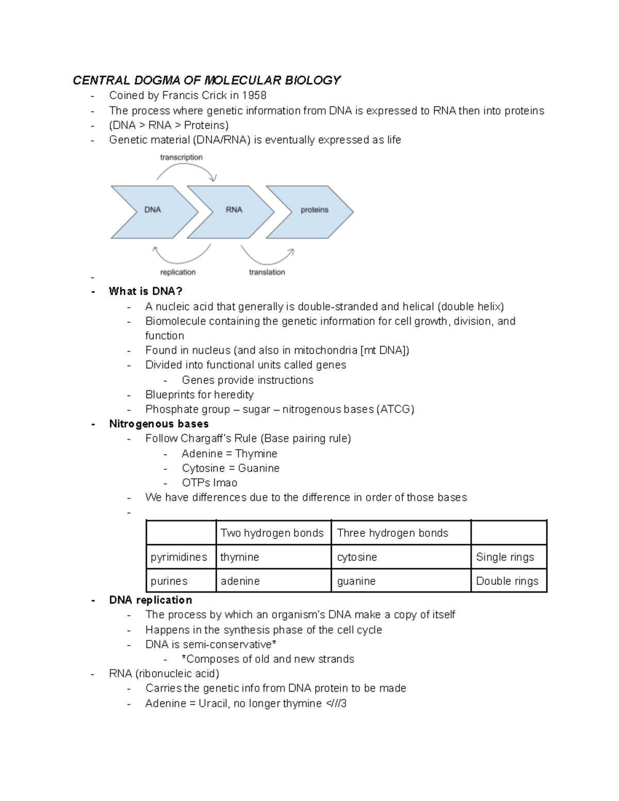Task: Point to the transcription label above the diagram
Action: (x=181, y=157)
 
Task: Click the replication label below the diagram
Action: (x=177, y=272)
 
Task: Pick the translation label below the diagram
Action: (x=267, y=272)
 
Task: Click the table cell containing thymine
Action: (x=273, y=557)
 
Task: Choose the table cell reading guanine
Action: (x=400, y=581)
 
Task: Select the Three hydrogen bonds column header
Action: (x=400, y=533)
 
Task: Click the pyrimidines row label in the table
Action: (x=181, y=557)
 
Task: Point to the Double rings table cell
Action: (x=508, y=581)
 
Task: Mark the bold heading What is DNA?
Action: (x=145, y=291)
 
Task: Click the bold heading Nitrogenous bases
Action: (x=159, y=424)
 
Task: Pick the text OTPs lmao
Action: (x=209, y=483)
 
